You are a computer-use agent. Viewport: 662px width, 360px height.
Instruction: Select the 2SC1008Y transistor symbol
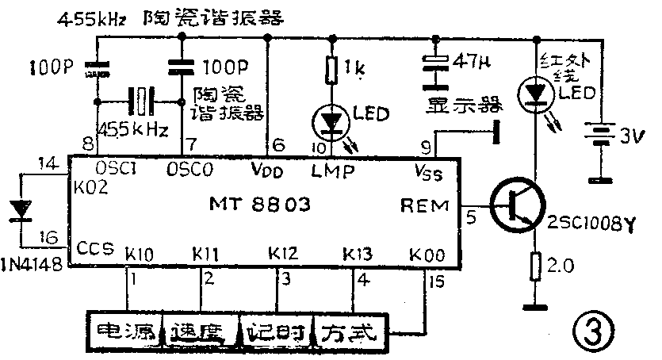click(515, 205)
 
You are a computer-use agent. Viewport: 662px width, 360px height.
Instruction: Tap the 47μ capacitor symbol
click(433, 71)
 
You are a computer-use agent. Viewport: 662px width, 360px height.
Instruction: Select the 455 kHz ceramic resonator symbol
click(141, 101)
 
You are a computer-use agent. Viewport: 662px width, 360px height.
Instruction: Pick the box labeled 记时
click(277, 331)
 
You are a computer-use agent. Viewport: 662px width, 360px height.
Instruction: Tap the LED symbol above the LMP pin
click(330, 122)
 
